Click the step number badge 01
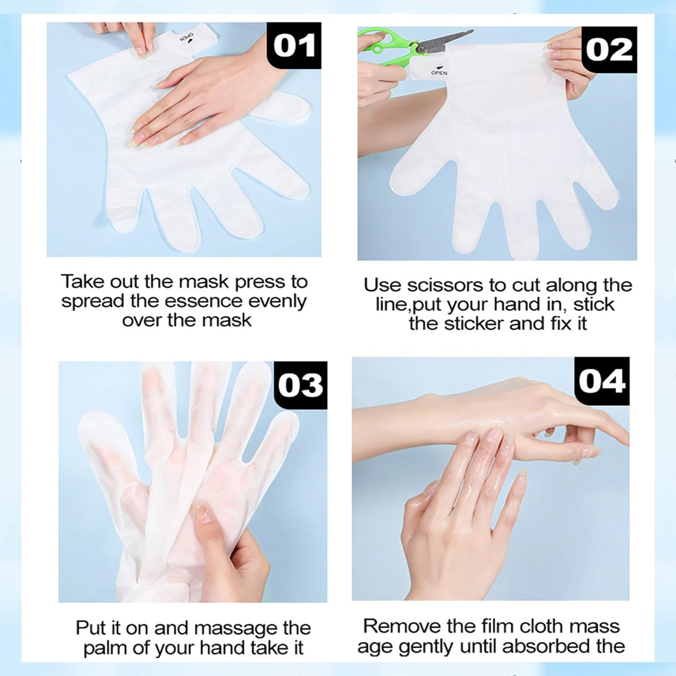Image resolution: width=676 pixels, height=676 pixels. point(294,45)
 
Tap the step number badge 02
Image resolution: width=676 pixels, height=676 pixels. point(609,50)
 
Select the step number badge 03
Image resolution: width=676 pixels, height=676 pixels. point(301,385)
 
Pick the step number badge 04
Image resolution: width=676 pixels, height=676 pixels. point(602,381)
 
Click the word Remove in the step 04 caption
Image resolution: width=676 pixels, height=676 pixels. point(398,626)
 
